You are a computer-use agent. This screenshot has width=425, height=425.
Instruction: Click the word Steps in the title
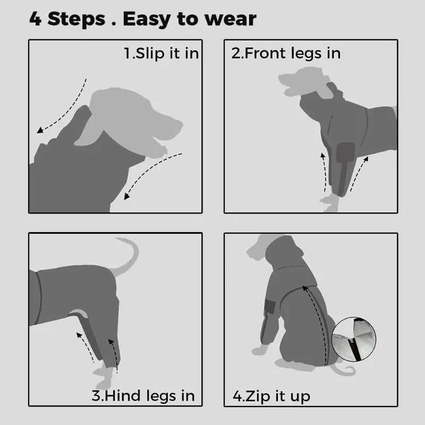(x=76, y=19)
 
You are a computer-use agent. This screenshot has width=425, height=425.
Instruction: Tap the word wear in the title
(x=230, y=20)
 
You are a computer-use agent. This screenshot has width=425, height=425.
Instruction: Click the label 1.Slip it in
(x=161, y=53)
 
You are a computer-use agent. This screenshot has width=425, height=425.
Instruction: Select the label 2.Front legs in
(x=286, y=53)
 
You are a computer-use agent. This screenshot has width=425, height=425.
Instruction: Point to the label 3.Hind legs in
(x=143, y=396)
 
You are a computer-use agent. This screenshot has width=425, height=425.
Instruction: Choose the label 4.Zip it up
(x=271, y=396)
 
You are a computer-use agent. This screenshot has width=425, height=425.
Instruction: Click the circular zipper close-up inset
(x=354, y=339)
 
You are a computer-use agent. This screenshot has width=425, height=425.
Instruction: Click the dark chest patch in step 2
(x=345, y=152)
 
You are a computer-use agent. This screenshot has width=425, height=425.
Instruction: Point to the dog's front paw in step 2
(x=330, y=203)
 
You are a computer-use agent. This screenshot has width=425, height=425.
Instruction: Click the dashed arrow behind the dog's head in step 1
(x=64, y=108)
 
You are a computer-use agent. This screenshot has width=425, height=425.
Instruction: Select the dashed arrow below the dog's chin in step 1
(x=150, y=174)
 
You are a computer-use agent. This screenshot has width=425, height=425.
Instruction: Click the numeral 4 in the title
(x=36, y=19)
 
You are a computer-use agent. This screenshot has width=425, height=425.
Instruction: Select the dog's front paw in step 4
(x=260, y=351)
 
